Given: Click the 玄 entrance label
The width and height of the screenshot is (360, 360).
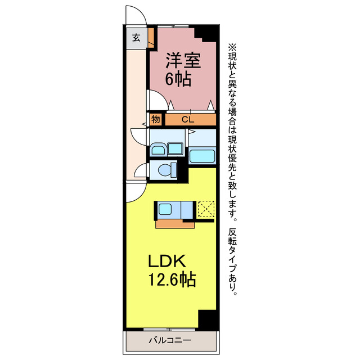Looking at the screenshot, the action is [x=136, y=38].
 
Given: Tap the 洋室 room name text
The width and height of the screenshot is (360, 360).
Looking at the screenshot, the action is [x=183, y=61].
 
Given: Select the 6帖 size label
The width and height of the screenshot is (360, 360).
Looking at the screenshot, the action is [x=178, y=79].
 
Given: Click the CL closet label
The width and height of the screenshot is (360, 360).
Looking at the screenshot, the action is [x=188, y=119].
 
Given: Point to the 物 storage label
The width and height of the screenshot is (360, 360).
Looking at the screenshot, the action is [x=155, y=119].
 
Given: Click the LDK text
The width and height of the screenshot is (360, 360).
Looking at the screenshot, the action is [x=167, y=262].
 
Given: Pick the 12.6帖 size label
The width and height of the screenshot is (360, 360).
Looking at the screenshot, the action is [x=172, y=279].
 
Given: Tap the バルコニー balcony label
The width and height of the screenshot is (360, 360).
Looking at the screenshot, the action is [x=170, y=340].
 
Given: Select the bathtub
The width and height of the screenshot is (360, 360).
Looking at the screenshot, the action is [x=202, y=156].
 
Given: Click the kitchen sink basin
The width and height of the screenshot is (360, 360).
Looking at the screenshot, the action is [x=165, y=209].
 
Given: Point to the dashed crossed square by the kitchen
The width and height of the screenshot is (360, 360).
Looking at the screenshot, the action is [x=206, y=209].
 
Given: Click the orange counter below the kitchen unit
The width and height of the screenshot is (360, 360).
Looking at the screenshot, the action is [x=175, y=224].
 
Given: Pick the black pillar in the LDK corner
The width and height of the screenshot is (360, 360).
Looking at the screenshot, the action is [x=207, y=319].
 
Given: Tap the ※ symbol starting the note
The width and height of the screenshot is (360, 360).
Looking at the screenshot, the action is [x=232, y=47].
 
